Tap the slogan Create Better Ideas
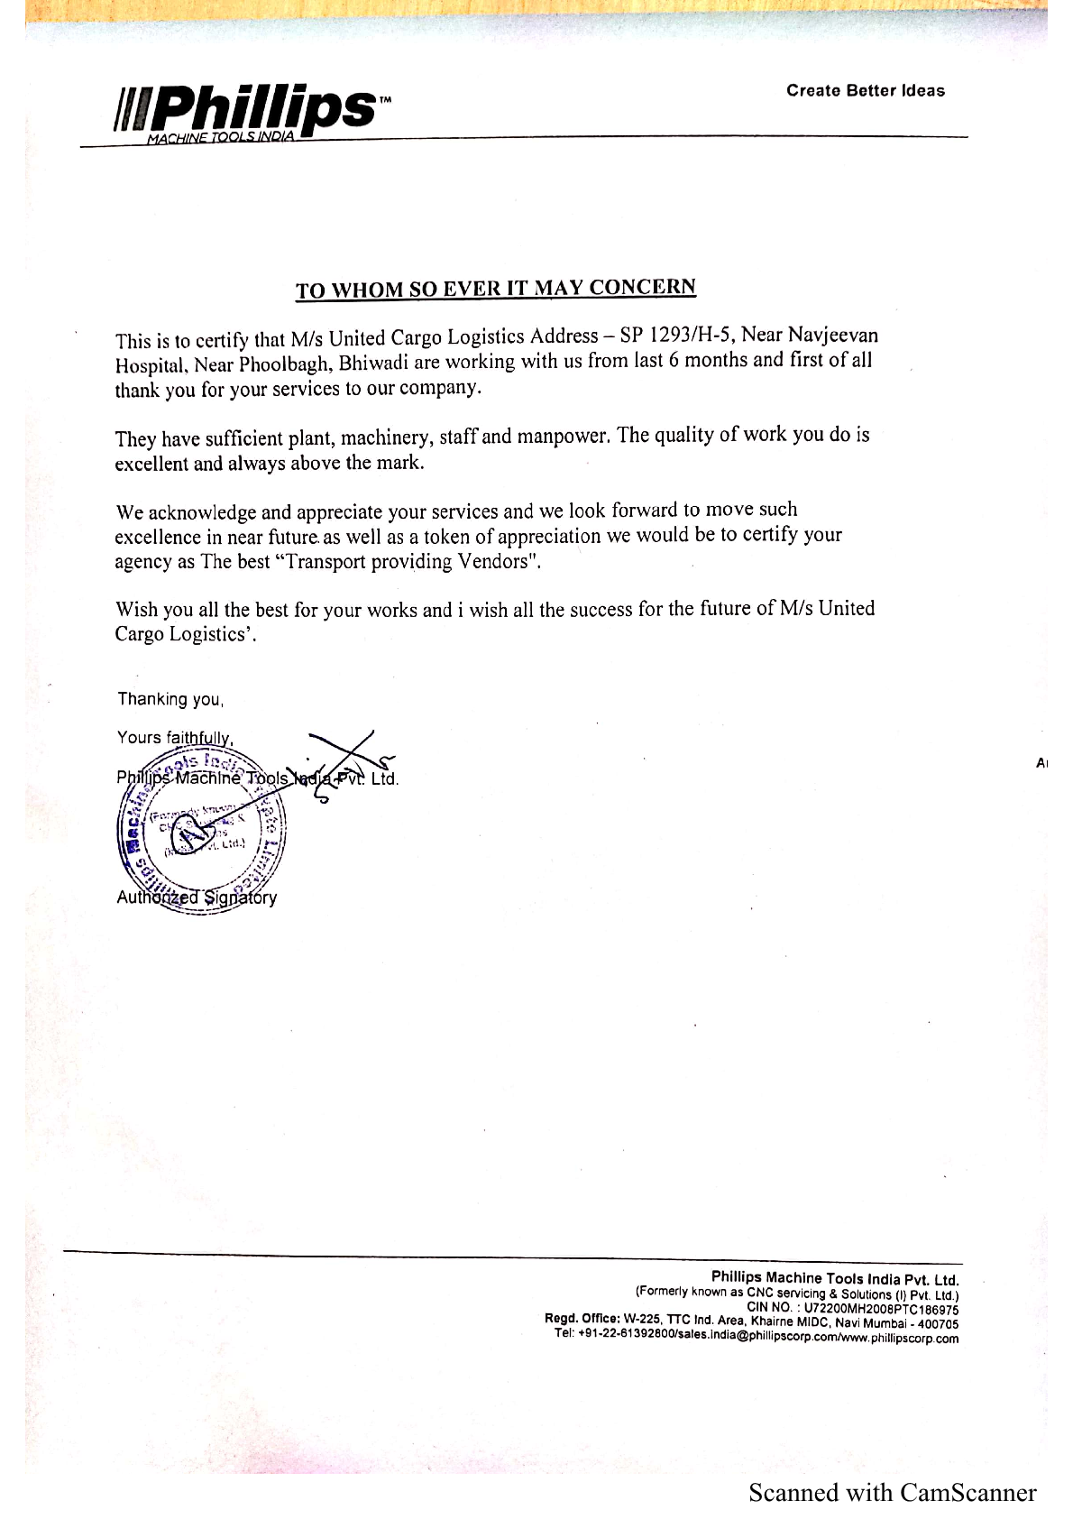pos(865,90)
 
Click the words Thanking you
pos(170,699)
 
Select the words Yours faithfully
pos(175,738)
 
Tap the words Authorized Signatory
pos(197,898)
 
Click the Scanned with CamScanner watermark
pos(892,1493)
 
